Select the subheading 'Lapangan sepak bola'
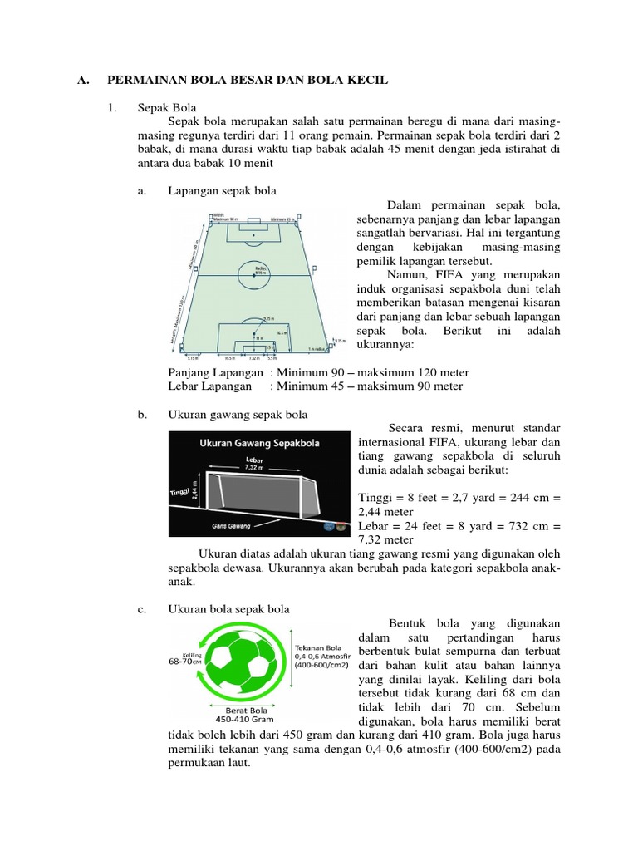pos(222,191)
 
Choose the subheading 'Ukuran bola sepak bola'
pos(229,609)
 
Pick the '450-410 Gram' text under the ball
pos(245,719)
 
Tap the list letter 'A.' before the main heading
pos(82,80)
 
